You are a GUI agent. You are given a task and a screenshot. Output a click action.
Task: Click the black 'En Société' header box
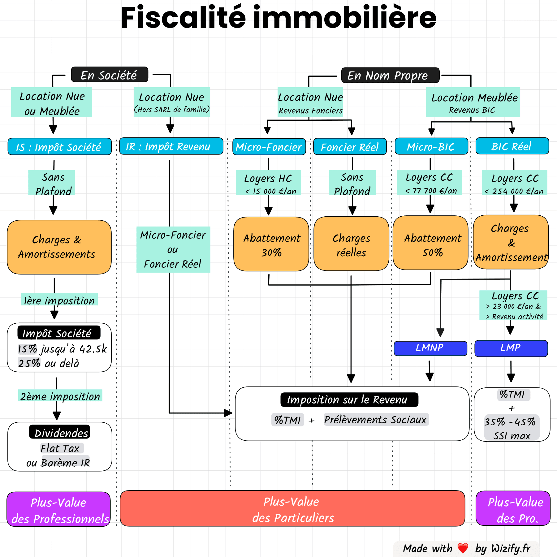[110, 75]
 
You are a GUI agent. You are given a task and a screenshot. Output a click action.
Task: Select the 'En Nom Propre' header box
[390, 75]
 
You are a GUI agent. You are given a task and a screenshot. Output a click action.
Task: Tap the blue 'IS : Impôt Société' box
[59, 147]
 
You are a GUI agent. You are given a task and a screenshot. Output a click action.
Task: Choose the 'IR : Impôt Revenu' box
[171, 146]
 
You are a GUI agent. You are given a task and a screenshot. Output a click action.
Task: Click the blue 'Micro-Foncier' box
[269, 147]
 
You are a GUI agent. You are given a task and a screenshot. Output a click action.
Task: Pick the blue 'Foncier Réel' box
[350, 147]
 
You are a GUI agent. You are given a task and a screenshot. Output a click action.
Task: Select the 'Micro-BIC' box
[431, 146]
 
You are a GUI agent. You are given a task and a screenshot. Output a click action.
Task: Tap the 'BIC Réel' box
[512, 146]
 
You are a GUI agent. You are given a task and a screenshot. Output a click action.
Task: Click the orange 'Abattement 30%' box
[271, 244]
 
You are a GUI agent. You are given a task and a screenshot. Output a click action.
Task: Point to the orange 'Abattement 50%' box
[430, 243]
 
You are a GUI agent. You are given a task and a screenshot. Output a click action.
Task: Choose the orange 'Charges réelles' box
[351, 244]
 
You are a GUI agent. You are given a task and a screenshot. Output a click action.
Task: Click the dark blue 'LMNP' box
[430, 348]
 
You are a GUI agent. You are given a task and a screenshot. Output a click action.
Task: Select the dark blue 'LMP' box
[511, 348]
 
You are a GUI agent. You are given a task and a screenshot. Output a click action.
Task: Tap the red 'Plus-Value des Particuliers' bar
[292, 508]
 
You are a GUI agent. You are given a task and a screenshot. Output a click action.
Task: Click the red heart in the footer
[463, 548]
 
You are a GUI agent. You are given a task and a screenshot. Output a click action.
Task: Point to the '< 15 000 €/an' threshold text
[270, 191]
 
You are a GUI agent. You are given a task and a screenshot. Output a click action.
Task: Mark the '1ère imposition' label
[59, 300]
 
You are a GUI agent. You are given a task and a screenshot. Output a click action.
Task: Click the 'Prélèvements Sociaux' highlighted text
[376, 420]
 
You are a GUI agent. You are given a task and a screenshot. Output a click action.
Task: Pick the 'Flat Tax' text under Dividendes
[61, 448]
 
